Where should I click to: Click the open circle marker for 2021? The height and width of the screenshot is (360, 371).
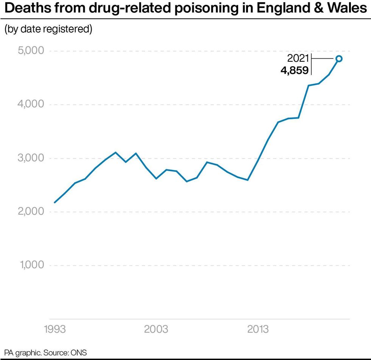tap(339, 58)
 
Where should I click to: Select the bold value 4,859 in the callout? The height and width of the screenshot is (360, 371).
tap(294, 70)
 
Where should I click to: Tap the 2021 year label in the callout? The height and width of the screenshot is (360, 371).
tap(298, 59)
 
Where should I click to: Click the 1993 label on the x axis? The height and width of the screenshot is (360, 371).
tap(55, 329)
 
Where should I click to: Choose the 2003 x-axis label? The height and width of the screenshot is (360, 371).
tap(156, 329)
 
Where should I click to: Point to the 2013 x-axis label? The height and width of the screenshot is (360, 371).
tap(258, 329)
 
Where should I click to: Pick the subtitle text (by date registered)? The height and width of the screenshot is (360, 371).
tap(48, 30)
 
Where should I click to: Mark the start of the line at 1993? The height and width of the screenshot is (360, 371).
tap(55, 203)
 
